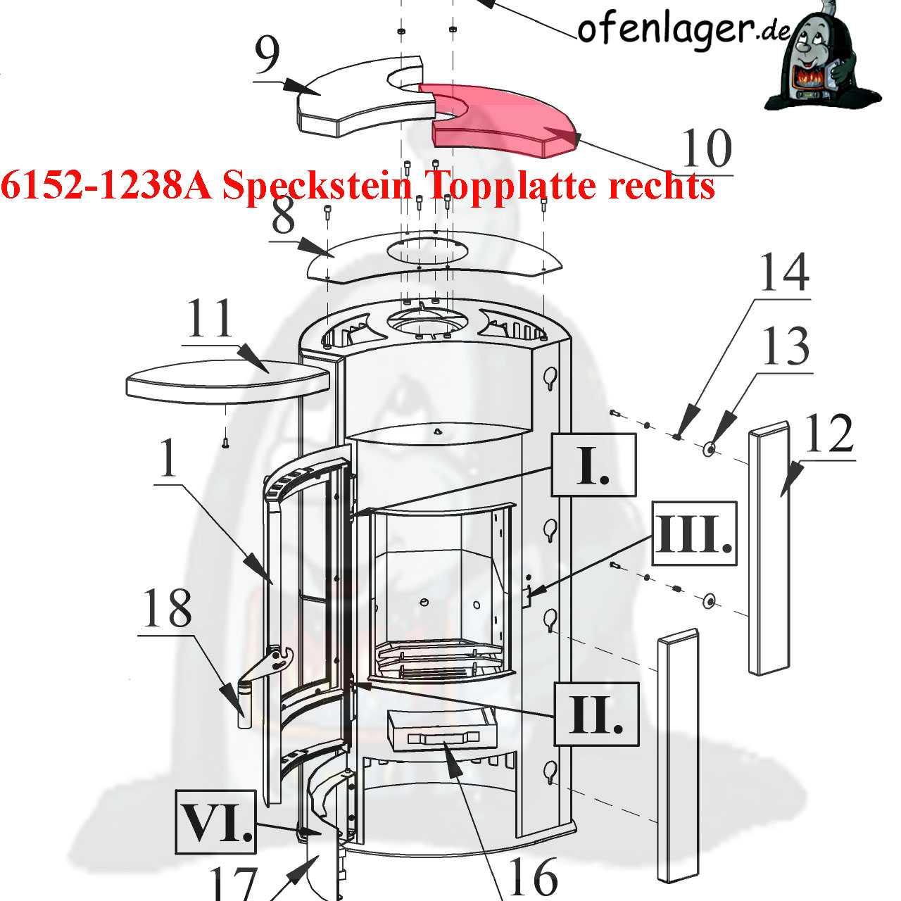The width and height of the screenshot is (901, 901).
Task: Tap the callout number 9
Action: (267, 56)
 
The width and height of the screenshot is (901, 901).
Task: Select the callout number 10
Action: (707, 149)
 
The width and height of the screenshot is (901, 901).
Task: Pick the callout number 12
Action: (828, 434)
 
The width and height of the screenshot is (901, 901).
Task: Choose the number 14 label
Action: (783, 272)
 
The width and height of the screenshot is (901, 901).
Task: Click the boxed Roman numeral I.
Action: (593, 465)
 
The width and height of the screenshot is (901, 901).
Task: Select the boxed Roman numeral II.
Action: (596, 714)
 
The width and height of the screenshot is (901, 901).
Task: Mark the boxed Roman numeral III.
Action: (694, 533)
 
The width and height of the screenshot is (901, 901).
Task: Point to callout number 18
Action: (167, 608)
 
